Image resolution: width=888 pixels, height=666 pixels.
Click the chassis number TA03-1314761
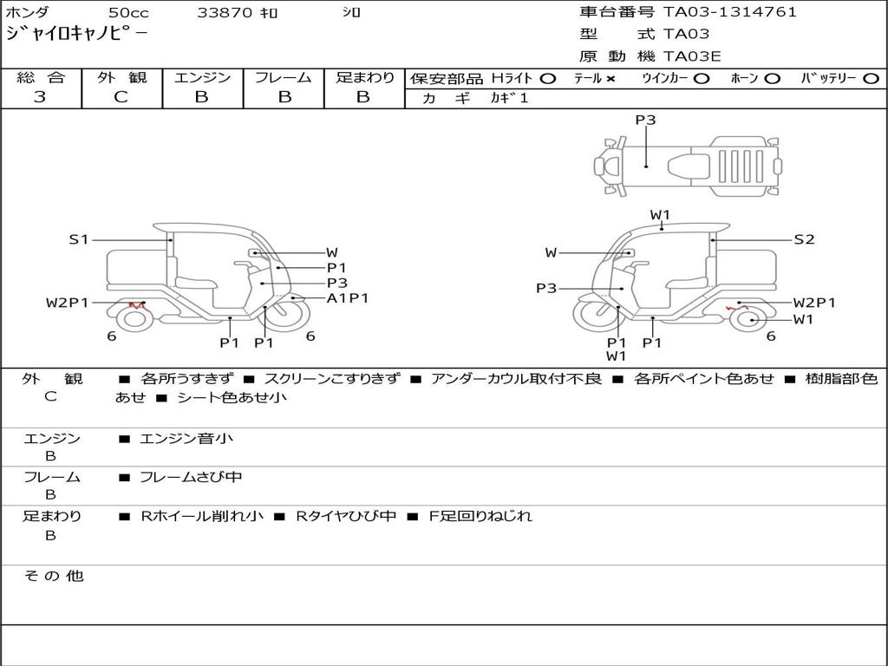point(729,12)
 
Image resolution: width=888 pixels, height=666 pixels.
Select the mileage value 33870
point(225,13)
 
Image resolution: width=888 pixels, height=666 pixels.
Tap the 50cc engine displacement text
point(127,13)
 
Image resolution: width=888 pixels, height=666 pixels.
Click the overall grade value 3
point(40,97)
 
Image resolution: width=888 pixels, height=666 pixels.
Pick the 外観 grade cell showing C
point(121,97)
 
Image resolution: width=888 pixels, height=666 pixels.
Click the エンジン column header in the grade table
point(202,78)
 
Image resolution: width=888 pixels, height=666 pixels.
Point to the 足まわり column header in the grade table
point(365,78)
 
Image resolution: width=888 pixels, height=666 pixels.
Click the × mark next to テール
point(610,79)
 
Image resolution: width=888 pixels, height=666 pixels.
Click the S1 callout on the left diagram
point(79,239)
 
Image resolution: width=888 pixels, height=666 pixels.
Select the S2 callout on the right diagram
point(804,239)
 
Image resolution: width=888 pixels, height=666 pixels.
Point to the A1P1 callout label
point(348,298)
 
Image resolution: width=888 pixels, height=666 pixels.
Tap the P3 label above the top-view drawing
point(645,121)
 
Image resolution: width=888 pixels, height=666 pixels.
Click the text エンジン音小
point(186,439)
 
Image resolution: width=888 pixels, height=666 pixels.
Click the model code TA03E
point(692,57)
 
